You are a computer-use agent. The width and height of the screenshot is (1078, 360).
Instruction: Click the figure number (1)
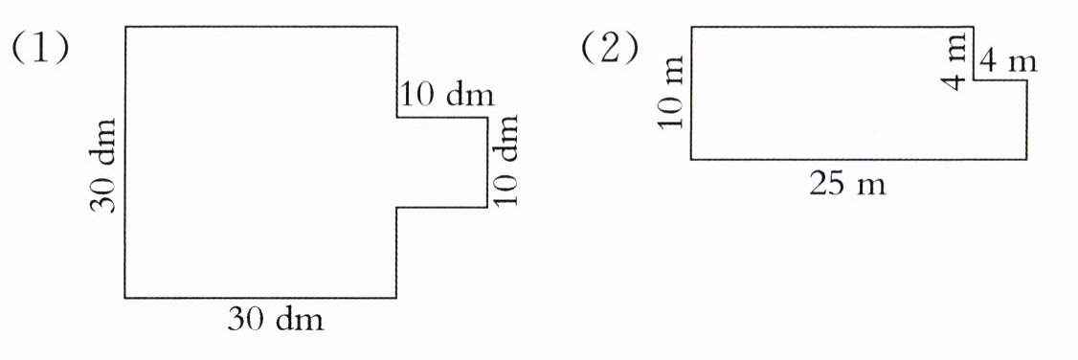[x=39, y=49]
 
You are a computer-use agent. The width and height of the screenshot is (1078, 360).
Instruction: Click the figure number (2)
[x=609, y=49]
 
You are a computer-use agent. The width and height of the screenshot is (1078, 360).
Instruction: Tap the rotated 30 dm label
[x=103, y=165]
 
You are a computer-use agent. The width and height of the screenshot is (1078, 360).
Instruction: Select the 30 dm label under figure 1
[x=275, y=320]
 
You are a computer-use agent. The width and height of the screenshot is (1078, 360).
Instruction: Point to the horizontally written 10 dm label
[x=446, y=95]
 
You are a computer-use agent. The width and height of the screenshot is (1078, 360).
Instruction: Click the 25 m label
[x=847, y=184]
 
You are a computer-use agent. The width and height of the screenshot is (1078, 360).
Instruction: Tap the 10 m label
[x=670, y=93]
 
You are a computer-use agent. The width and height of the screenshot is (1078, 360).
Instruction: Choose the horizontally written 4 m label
[x=1007, y=62]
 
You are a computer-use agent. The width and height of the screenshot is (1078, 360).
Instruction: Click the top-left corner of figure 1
[x=125, y=27]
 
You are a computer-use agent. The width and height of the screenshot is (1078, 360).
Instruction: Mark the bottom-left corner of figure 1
[x=125, y=298]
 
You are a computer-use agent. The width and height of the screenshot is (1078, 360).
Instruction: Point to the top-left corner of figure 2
[x=691, y=27]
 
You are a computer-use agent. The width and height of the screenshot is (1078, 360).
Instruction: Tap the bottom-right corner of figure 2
[x=1026, y=159]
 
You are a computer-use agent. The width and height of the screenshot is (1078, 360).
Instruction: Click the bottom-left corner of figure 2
[x=691, y=159]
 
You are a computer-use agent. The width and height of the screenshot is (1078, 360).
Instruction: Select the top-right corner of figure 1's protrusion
[x=487, y=118]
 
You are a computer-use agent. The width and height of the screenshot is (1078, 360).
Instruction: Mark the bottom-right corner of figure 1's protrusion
[x=487, y=207]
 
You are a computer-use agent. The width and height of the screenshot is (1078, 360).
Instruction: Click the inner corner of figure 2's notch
[x=974, y=79]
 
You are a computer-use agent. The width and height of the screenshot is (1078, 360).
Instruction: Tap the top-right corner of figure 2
[x=974, y=27]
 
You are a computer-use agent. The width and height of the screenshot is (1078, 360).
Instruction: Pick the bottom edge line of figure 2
[x=859, y=159]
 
